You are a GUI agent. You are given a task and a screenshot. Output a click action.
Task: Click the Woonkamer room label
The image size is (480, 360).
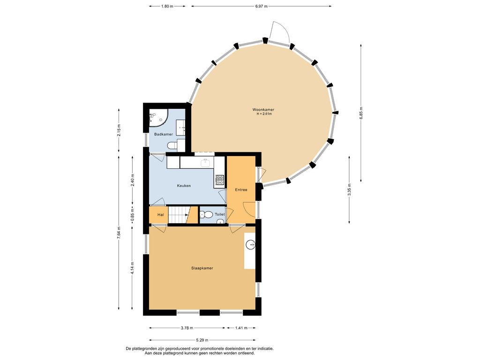coord(263,110)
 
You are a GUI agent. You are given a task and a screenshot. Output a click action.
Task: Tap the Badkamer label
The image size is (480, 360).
coord(164,134)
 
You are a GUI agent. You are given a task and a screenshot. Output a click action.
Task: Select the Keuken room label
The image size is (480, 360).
coord(184,186)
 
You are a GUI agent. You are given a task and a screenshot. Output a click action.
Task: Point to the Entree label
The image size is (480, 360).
coord(241,190)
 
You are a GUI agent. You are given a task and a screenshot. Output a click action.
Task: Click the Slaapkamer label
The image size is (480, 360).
coord(202,268)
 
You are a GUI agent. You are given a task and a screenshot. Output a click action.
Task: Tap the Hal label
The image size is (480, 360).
coord(161,215)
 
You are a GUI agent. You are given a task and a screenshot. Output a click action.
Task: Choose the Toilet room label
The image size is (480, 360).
coord(220,214)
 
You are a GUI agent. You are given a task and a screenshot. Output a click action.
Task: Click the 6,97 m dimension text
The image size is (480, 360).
coord(262,6)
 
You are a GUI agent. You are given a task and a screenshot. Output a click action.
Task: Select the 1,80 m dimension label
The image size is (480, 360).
coord(167,6)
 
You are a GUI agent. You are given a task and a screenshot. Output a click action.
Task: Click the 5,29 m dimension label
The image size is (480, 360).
coord(202,340)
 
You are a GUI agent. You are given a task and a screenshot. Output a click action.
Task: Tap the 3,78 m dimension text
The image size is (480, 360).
coord(187,328)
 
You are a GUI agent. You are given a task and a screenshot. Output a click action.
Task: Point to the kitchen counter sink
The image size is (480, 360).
coord(205,163)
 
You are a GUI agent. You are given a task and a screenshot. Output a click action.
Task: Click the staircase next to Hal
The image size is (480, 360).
coord(178,215)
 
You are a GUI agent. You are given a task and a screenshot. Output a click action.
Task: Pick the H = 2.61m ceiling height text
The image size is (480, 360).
coord(264,114)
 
